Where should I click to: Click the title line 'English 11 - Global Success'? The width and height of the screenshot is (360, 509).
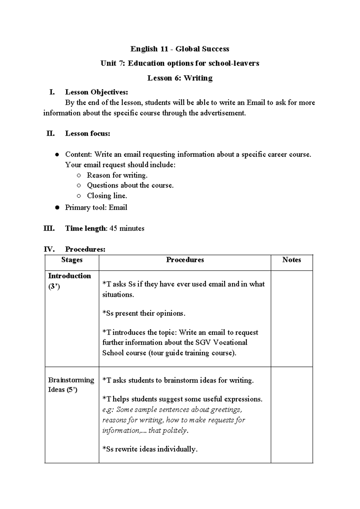pyautogui.click(x=180, y=49)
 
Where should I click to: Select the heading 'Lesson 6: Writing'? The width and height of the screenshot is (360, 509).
pyautogui.click(x=180, y=78)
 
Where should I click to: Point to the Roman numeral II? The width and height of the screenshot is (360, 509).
pyautogui.click(x=50, y=134)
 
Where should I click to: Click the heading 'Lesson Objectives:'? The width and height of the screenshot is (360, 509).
pyautogui.click(x=97, y=92)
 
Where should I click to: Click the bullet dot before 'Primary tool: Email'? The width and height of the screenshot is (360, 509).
pyautogui.click(x=57, y=208)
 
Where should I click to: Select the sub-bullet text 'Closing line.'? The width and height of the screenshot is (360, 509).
pyautogui.click(x=107, y=196)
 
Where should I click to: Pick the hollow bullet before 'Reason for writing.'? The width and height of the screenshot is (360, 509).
pyautogui.click(x=79, y=175)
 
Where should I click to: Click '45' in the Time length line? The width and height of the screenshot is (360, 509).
pyautogui.click(x=113, y=228)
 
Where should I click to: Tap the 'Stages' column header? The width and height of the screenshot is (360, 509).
pyautogui.click(x=72, y=260)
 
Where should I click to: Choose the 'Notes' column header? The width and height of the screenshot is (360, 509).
pyautogui.click(x=291, y=260)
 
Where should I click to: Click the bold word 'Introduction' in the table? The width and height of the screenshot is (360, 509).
pyautogui.click(x=69, y=276)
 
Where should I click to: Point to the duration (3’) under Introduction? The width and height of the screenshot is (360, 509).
pyautogui.click(x=54, y=287)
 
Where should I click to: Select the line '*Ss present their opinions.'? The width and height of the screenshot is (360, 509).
pyautogui.click(x=144, y=313)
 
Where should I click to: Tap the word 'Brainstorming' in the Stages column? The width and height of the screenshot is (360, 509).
pyautogui.click(x=71, y=380)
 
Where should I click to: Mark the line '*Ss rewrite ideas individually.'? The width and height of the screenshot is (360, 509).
pyautogui.click(x=150, y=449)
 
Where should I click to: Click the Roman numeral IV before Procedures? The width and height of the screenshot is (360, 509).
pyautogui.click(x=49, y=249)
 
